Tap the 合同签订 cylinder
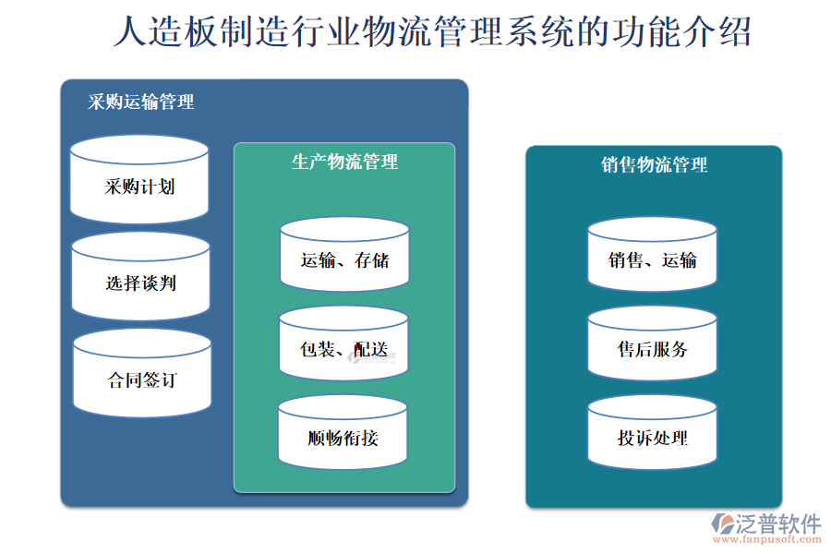point(141,379)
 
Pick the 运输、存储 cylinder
point(344,260)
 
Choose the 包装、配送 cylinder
point(343,349)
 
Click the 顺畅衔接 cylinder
point(343,438)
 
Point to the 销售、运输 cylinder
point(652,260)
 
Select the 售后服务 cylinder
point(652,349)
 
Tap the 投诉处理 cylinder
point(652,438)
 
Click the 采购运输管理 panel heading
point(141,102)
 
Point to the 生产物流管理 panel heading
point(344,163)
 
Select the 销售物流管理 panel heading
point(654,165)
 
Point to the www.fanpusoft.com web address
point(765,541)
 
